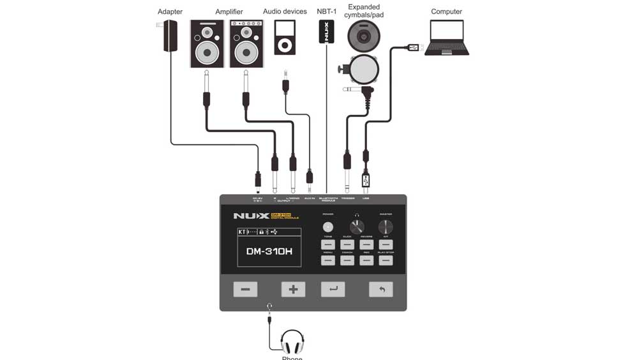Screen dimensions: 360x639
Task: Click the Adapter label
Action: tap(170, 11)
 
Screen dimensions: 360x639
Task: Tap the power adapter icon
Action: tap(170, 36)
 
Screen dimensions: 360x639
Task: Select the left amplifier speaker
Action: tap(207, 43)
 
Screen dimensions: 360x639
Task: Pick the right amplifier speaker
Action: tap(246, 43)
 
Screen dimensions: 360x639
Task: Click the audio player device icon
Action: tap(285, 37)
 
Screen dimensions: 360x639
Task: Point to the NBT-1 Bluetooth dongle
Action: tap(326, 32)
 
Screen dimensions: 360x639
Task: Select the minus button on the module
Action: tap(245, 289)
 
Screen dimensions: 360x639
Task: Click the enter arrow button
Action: tap(333, 289)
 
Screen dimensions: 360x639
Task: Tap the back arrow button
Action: tap(381, 289)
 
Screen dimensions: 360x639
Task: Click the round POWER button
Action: tap(328, 227)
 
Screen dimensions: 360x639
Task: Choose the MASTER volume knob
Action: tap(386, 227)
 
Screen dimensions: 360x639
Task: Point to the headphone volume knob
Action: tap(357, 227)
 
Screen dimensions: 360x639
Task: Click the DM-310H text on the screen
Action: tap(269, 251)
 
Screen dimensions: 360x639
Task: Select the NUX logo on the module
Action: tap(250, 216)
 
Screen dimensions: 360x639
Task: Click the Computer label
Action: tap(446, 11)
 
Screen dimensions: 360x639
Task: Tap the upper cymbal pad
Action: tap(364, 36)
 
